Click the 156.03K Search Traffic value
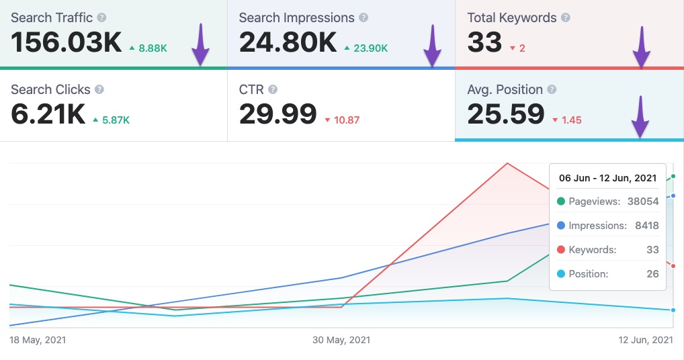[66, 42]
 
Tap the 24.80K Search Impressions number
[287, 42]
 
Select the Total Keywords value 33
[484, 42]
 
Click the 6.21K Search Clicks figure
[48, 114]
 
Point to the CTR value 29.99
[277, 114]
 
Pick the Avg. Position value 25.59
[505, 114]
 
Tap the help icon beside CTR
[272, 89]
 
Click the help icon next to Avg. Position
[552, 89]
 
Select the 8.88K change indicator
[149, 48]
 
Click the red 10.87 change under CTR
[342, 120]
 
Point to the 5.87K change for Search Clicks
[111, 120]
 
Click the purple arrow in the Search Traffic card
[200, 45]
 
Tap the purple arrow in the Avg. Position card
[640, 117]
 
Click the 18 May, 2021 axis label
[38, 340]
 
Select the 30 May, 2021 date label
[341, 340]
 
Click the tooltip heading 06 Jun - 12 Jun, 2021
[607, 179]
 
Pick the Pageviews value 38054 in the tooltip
[642, 201]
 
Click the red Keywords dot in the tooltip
[561, 250]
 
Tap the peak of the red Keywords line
[507, 163]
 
